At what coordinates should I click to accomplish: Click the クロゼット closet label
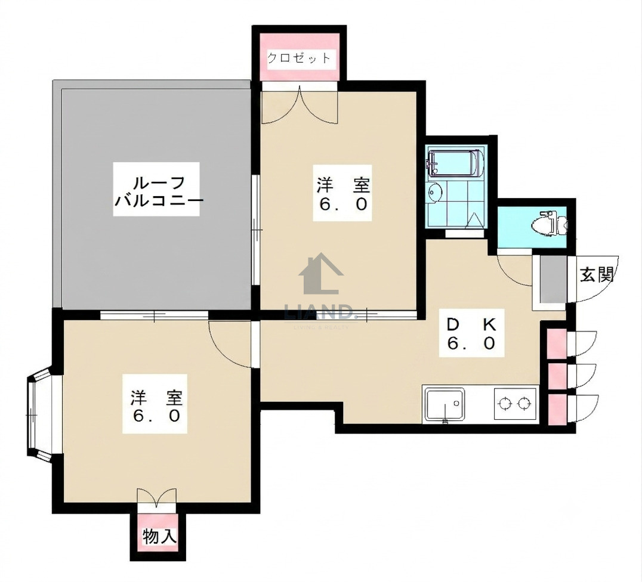click(298, 58)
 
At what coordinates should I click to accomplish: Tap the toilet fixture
click(549, 224)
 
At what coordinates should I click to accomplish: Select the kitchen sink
click(445, 404)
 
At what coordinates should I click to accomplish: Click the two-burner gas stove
click(515, 404)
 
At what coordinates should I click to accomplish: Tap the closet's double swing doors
click(300, 105)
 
